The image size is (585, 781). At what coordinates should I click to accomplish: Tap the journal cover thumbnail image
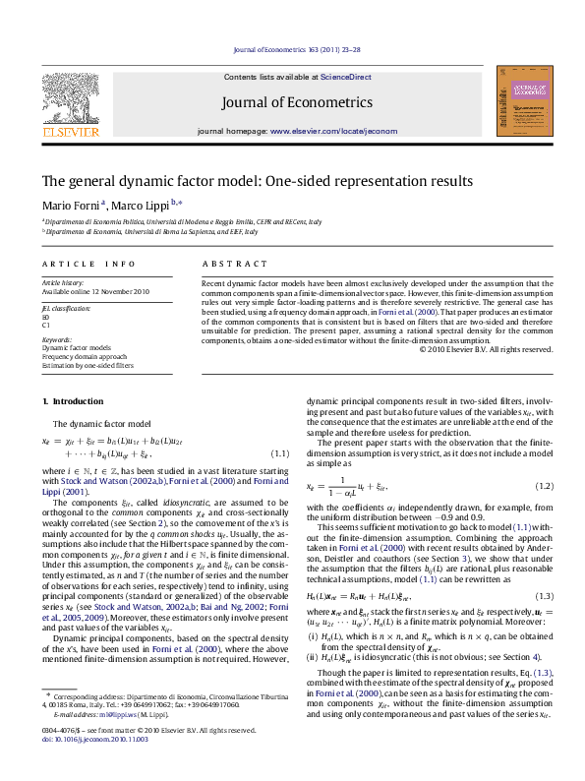(x=520, y=102)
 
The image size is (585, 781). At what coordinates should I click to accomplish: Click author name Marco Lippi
(x=142, y=205)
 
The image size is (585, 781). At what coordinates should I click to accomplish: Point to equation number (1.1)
(x=279, y=452)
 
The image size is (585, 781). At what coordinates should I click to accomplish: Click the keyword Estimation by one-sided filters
(x=87, y=364)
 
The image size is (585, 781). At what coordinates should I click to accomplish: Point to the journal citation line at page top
(x=292, y=49)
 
